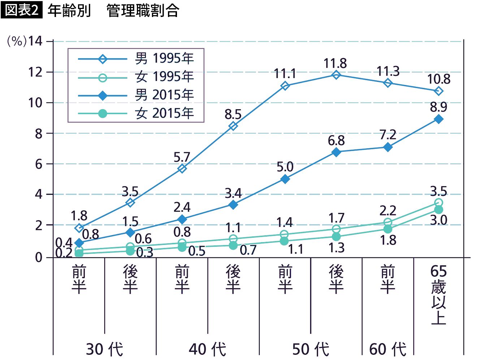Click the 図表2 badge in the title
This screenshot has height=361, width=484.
click(x=22, y=10)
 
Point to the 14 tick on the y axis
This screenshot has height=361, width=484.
click(x=35, y=41)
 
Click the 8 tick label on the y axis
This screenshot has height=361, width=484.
click(x=39, y=134)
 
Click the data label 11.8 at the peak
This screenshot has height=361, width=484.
click(x=335, y=64)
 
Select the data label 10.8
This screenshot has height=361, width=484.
click(x=439, y=79)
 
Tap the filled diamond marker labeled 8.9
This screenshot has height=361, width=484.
click(x=438, y=119)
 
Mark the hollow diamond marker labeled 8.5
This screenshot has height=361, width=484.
click(x=233, y=126)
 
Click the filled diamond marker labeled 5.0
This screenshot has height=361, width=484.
click(x=285, y=179)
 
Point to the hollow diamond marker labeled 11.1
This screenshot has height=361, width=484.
click(x=285, y=86)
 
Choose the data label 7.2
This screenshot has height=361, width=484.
click(x=388, y=135)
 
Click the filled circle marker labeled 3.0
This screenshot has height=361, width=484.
click(x=438, y=210)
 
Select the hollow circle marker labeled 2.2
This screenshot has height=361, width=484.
click(x=388, y=222)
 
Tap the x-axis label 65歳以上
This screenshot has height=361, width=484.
click(x=438, y=295)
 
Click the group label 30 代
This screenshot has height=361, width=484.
click(x=104, y=349)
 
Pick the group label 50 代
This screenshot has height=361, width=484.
click(x=311, y=349)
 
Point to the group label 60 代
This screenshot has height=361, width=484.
click(x=388, y=349)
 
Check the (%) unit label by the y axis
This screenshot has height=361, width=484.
click(x=17, y=41)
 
